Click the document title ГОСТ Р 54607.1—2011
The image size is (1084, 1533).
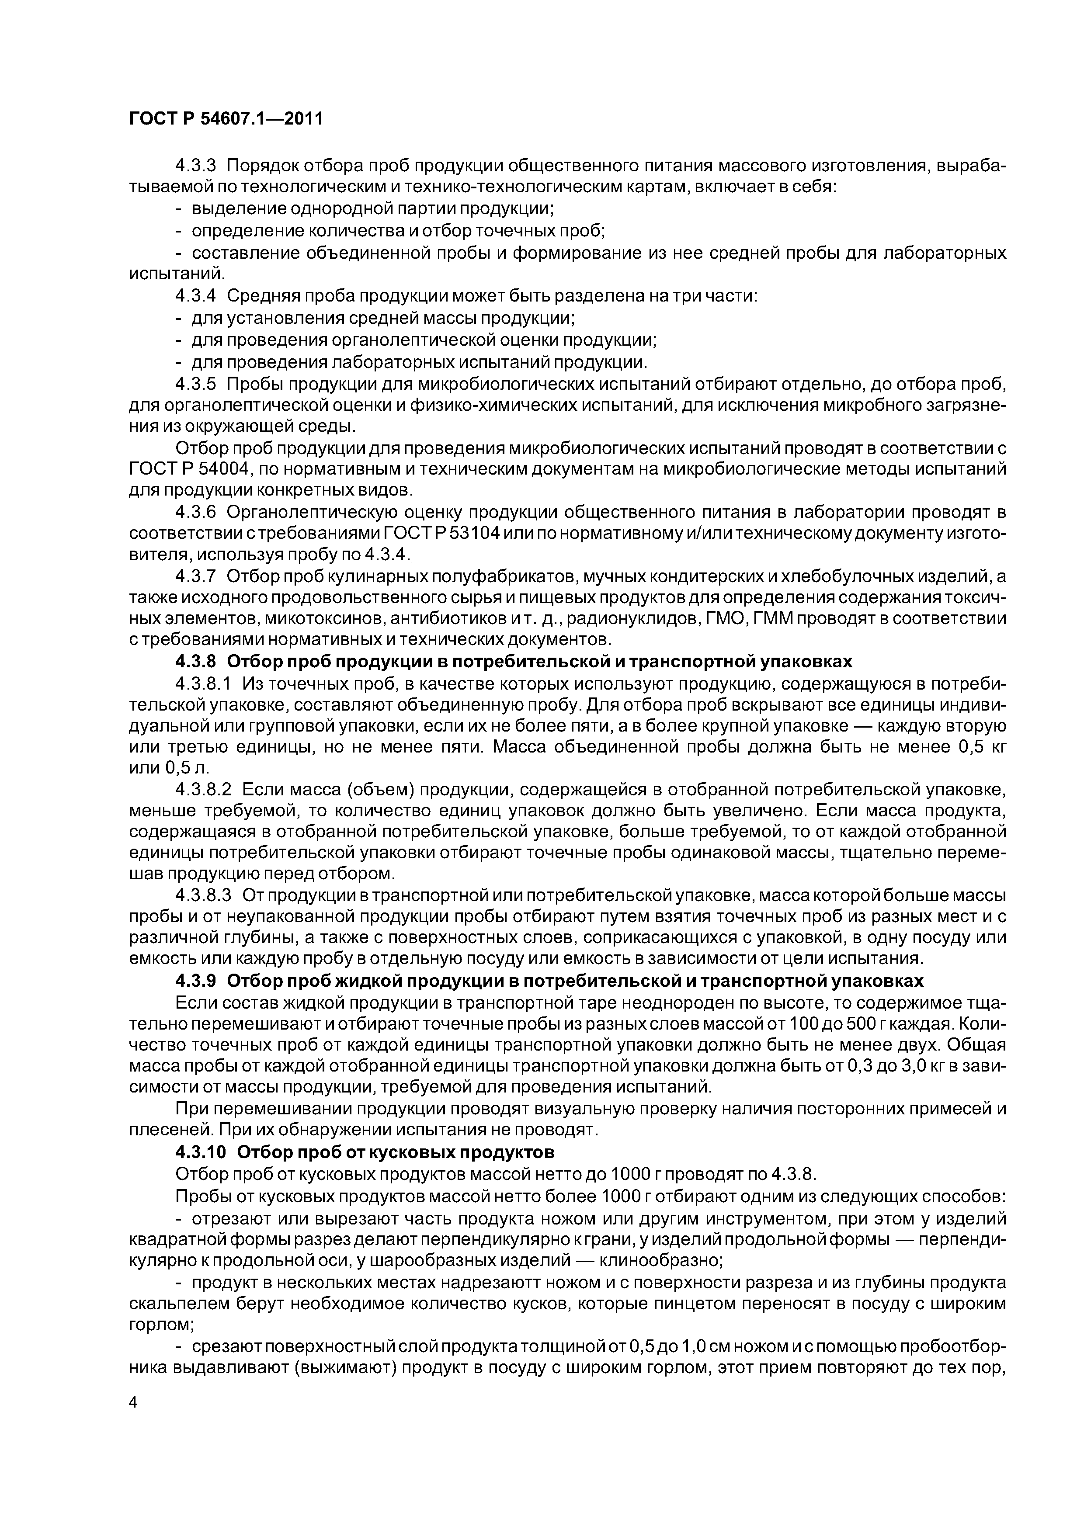tap(226, 119)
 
